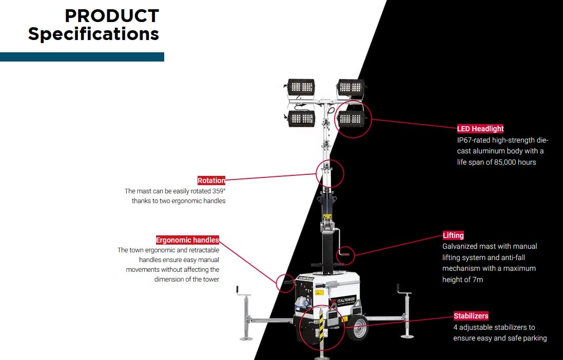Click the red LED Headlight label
tap(480, 129)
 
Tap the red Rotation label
tap(211, 181)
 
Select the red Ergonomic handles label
tap(187, 240)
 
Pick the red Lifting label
tap(453, 235)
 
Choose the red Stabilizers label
tap(471, 316)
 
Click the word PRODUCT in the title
tap(112, 16)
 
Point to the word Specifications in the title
tap(93, 34)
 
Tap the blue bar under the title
tap(82, 57)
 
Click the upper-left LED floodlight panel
tap(301, 87)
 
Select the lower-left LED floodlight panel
tap(301, 118)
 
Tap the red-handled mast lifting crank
tap(345, 253)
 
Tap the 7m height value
tap(477, 279)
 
